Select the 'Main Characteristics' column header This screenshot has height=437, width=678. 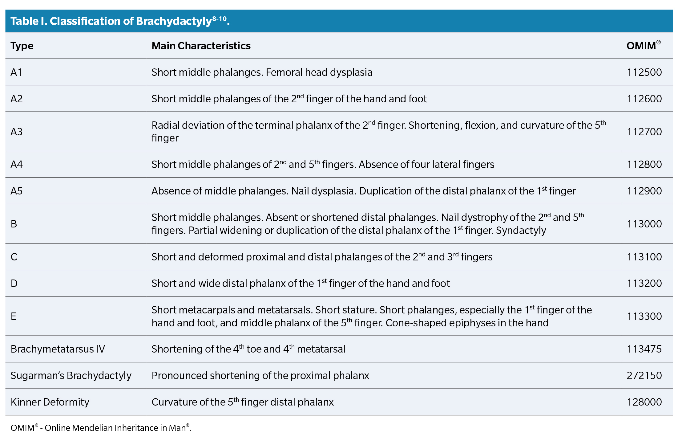201,46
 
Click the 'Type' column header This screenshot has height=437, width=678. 22,46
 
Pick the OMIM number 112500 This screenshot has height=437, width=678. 644,72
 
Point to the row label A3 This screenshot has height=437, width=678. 16,132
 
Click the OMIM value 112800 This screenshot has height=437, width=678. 644,164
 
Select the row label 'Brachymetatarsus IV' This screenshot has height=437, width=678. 58,349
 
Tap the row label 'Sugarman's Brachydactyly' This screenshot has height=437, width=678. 71,375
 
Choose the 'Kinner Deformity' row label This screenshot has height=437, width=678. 50,402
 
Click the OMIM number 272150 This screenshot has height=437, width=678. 644,375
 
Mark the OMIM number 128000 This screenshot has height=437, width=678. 644,402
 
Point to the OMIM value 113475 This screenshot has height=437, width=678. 644,349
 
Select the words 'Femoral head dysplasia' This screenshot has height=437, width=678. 319,72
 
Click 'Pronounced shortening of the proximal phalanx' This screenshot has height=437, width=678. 260,375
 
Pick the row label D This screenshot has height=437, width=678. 14,283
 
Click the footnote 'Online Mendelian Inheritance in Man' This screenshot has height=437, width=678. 115,428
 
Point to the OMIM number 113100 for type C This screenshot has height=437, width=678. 644,257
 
